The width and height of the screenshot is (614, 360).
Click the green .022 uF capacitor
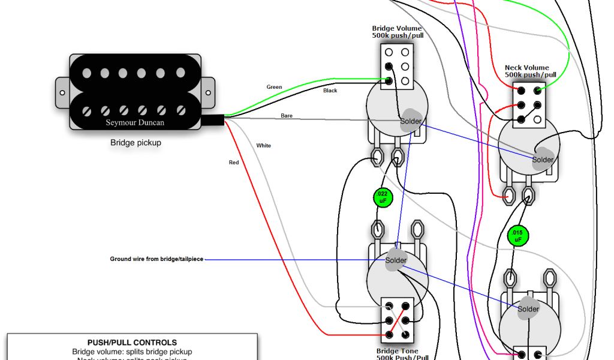click(x=383, y=197)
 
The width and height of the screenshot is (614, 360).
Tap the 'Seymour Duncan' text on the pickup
click(x=135, y=122)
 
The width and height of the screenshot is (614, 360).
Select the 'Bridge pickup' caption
click(x=136, y=143)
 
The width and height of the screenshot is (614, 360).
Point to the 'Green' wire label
click(x=274, y=87)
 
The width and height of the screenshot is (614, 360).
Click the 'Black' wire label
click(x=330, y=91)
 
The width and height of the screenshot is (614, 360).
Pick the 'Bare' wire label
click(x=287, y=115)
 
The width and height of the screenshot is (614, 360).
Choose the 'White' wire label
click(x=263, y=146)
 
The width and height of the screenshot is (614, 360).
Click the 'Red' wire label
click(x=234, y=163)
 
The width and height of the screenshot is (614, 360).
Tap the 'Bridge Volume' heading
click(x=396, y=28)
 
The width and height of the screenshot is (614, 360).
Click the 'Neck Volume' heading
click(x=526, y=68)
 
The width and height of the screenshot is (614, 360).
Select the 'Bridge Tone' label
click(x=397, y=351)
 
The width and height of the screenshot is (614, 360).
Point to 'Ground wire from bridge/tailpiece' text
click(x=156, y=259)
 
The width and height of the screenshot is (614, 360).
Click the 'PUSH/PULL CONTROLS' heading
click(x=132, y=343)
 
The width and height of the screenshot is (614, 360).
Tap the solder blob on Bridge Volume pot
click(x=411, y=119)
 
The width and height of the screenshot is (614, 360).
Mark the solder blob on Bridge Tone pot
click(x=395, y=260)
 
